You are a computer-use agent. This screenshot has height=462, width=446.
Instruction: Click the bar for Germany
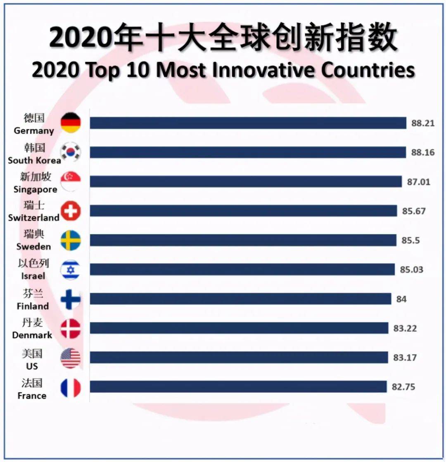point(248,123)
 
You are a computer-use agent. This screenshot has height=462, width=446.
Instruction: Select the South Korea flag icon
point(71,152)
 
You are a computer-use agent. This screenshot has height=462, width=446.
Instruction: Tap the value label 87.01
point(418,182)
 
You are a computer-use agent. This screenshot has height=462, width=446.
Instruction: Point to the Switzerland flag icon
point(71,211)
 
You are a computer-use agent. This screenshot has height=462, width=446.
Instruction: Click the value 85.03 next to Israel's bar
point(411,270)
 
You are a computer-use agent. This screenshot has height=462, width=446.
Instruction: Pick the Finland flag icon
point(71,299)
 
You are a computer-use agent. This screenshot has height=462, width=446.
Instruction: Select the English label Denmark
point(32,335)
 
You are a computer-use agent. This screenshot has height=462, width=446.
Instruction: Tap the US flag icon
point(71,358)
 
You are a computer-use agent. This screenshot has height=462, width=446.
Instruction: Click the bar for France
point(238,387)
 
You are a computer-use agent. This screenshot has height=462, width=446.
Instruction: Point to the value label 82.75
point(403,387)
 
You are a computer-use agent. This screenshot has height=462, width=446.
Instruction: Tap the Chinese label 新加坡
point(36,177)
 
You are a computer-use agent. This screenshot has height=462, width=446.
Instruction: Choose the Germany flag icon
point(71,123)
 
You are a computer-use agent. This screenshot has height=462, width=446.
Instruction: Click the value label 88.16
point(423,153)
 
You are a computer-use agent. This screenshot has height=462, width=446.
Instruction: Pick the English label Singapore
point(36,190)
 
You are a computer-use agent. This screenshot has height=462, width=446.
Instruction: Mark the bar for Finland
point(240,299)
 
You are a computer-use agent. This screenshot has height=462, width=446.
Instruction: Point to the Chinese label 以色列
point(33,264)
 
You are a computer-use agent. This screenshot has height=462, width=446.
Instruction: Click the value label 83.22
point(405,329)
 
